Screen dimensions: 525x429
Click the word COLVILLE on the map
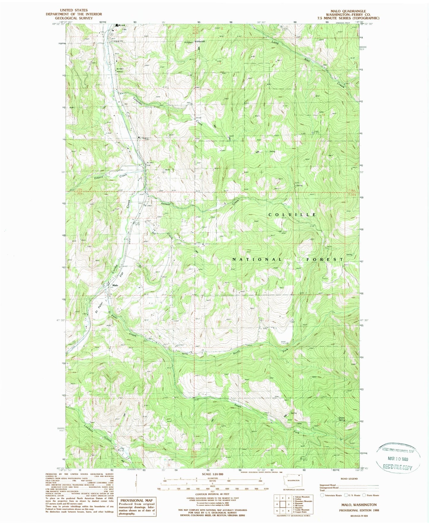(292, 214)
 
